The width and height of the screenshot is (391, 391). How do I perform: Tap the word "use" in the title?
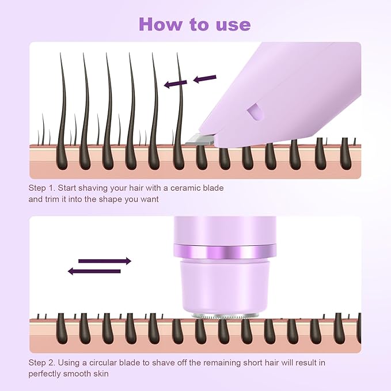(x=231, y=25)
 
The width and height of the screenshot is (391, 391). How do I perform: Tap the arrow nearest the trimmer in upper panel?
(x=204, y=79)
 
